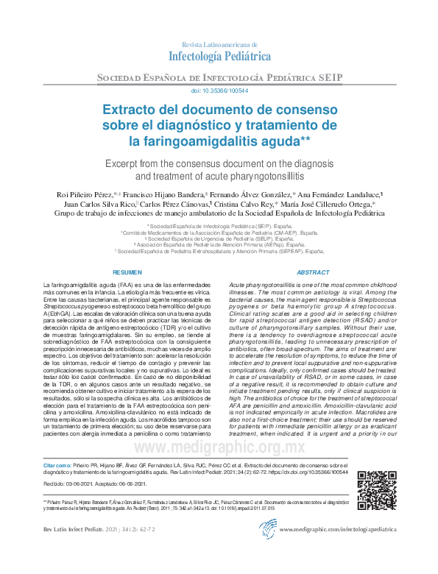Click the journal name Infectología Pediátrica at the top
(220, 54)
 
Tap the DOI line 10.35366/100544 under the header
(219, 91)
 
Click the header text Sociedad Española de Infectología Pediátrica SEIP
(219, 77)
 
